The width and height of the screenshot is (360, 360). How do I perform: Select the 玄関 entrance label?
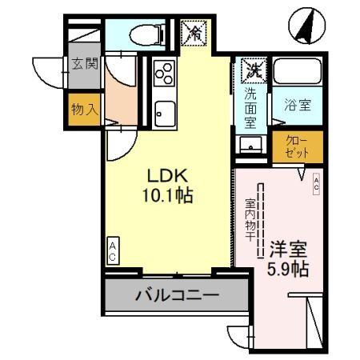point(83,64)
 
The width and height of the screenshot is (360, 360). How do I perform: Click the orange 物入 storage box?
point(83,109)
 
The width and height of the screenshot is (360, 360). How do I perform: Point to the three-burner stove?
point(164,74)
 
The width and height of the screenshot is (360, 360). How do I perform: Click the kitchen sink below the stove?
point(166,111)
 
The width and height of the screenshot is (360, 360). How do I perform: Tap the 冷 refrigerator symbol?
point(194,33)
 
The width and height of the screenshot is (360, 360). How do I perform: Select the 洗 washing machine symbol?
point(253,70)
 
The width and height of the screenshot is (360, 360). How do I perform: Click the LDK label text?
point(166,174)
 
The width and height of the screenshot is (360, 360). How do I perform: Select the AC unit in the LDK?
point(113,251)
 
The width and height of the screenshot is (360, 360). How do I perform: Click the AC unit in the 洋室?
point(317,183)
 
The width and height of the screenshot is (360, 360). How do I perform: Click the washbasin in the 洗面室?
point(251,146)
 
